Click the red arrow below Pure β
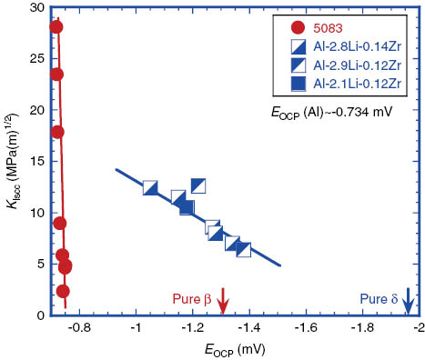pyautogui.click(x=222, y=298)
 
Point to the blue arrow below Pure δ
pyautogui.click(x=409, y=298)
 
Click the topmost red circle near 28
pyautogui.click(x=56, y=26)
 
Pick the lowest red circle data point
pyautogui.click(x=63, y=291)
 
